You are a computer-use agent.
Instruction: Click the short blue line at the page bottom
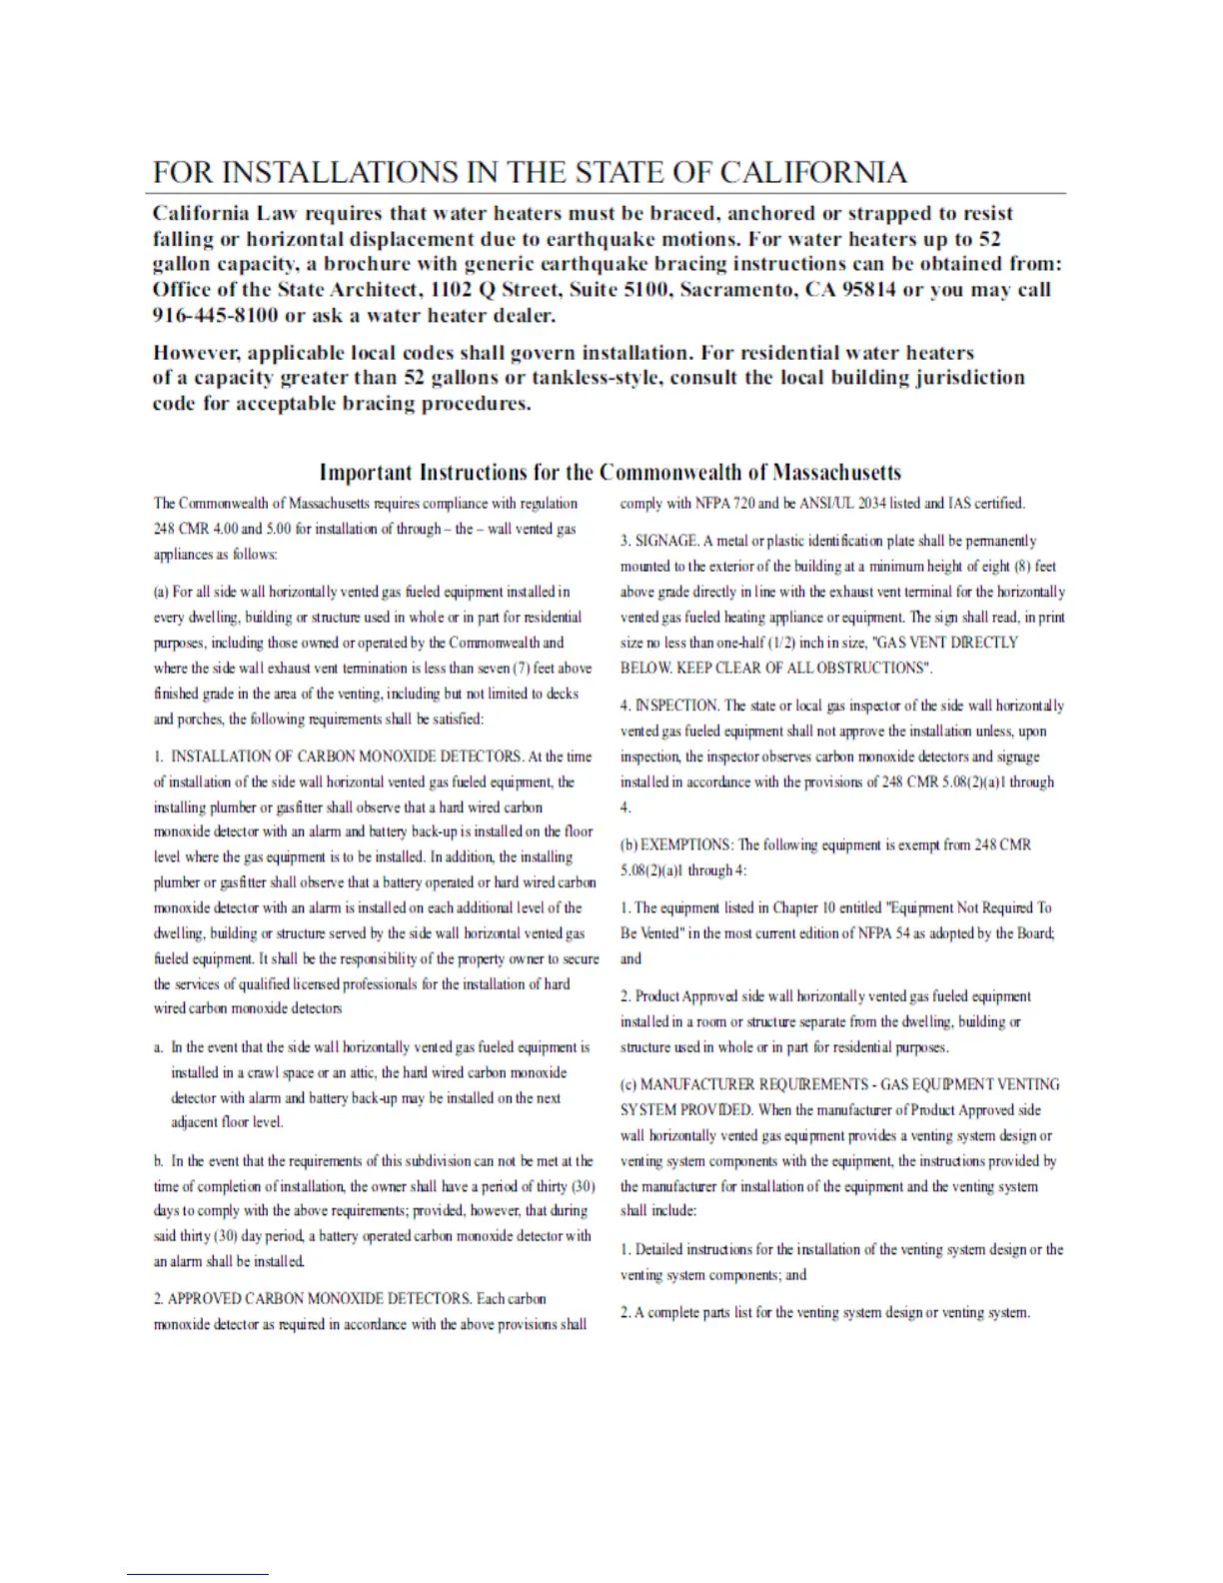point(197,1575)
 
